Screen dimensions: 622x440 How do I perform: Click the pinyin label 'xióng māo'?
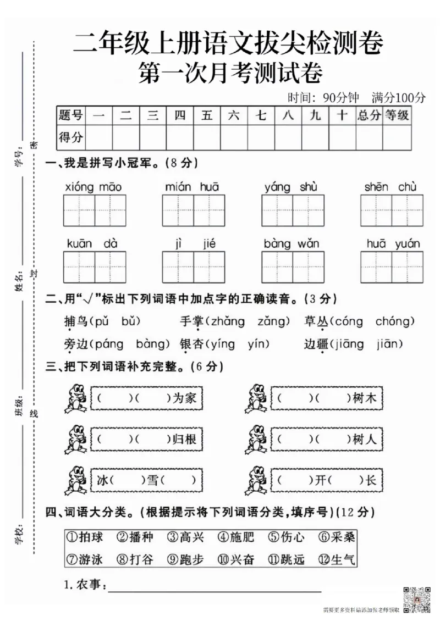point(94,187)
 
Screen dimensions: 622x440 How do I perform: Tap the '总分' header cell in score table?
point(369,115)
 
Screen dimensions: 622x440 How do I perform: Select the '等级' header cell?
point(397,115)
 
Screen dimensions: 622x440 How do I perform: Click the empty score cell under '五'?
point(207,137)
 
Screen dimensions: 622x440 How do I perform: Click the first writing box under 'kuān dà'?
point(79,267)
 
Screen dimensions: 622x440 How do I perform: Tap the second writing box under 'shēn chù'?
point(408,210)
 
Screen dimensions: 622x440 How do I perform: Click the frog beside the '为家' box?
point(75,398)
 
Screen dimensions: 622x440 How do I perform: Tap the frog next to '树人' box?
point(256,440)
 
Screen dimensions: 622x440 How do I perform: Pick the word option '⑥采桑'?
point(337,537)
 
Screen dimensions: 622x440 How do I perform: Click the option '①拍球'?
point(84,537)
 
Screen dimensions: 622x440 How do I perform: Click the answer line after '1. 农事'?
point(215,587)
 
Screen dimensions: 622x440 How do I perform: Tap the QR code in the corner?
point(416,599)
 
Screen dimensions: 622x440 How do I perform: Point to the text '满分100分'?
point(398,98)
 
